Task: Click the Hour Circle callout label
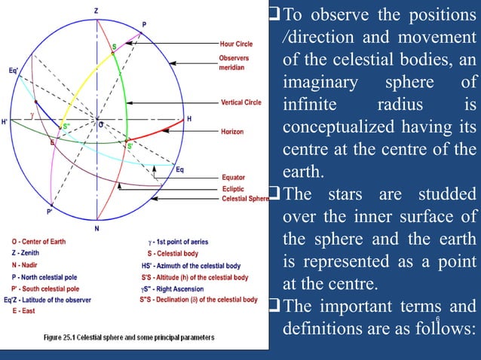tap(237, 44)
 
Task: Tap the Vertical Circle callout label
tap(241, 102)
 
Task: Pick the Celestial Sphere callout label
tap(244, 199)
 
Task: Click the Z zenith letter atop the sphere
tap(96, 11)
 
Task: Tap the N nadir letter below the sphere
tap(97, 228)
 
